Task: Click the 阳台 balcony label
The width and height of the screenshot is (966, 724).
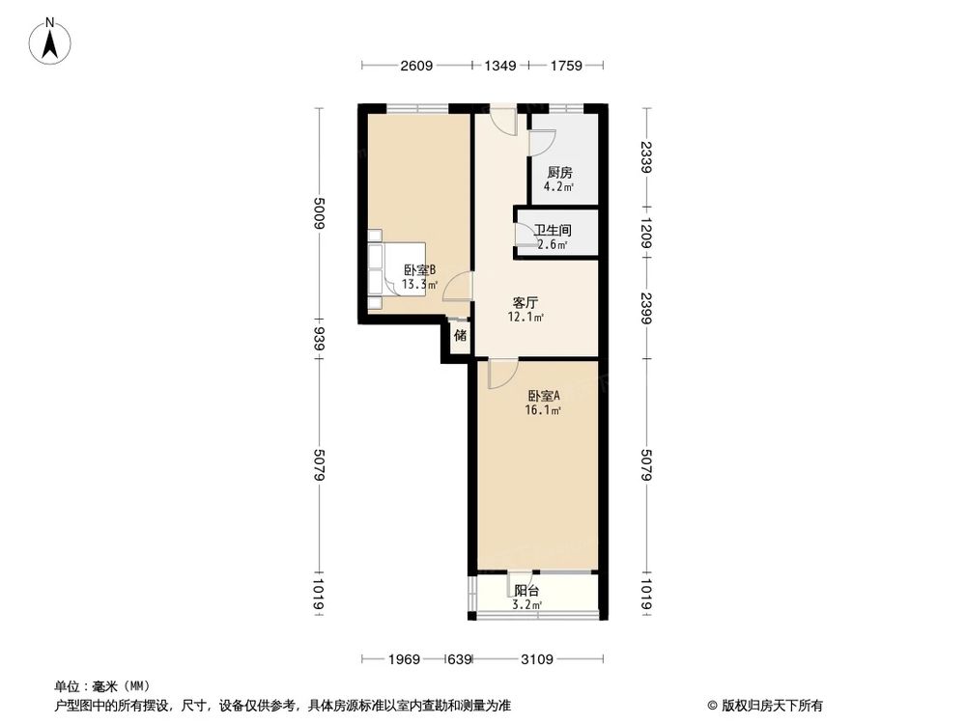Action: point(526,591)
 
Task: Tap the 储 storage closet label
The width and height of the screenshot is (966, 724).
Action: point(460,336)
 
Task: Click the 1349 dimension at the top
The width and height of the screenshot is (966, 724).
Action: point(500,66)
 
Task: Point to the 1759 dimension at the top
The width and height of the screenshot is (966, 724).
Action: point(566,66)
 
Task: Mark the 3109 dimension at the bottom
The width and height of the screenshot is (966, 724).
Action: point(536,659)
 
